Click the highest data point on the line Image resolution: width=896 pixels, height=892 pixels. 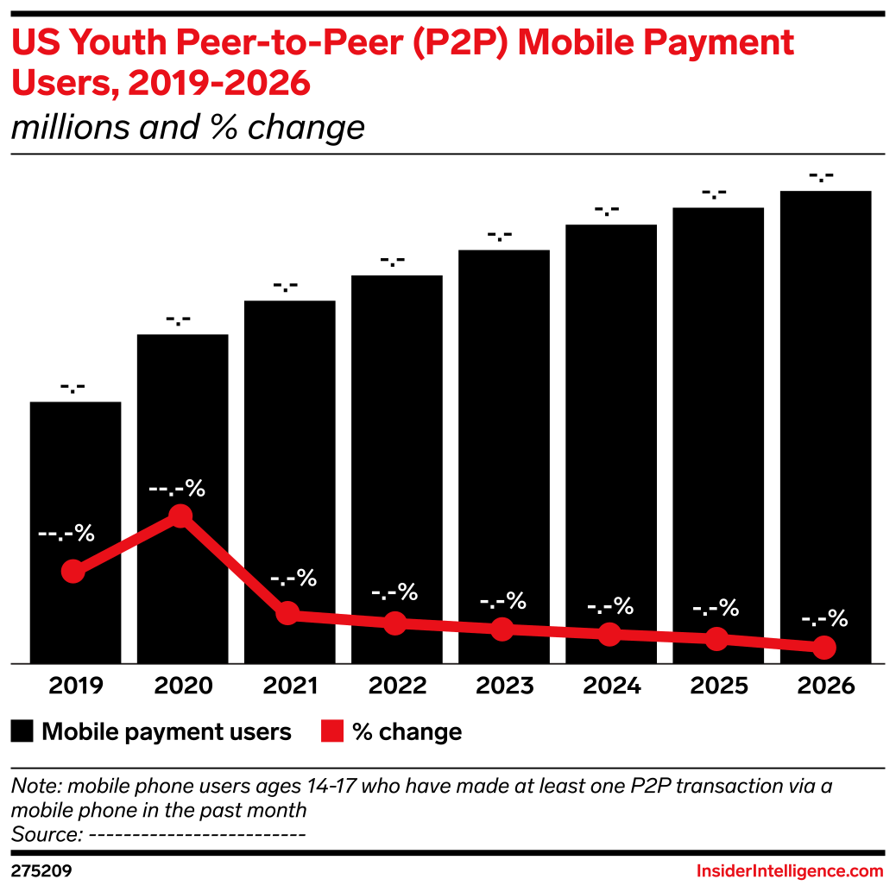coord(180,516)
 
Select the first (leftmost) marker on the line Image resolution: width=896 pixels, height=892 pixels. coord(73,571)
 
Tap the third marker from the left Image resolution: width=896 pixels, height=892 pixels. coord(287,614)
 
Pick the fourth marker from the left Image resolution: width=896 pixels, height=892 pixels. coord(394,623)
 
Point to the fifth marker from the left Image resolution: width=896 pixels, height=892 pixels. coord(502,629)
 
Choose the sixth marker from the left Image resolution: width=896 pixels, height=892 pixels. coord(609,634)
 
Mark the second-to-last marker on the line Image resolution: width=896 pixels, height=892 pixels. coord(716,639)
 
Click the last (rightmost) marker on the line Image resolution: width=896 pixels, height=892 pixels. coord(824,647)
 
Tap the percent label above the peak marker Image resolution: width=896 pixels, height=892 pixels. coord(177,489)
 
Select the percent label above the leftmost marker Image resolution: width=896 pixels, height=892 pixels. coord(66,534)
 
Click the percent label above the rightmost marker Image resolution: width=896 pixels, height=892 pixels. coord(823,619)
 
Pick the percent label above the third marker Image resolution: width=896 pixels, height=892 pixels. coord(293,578)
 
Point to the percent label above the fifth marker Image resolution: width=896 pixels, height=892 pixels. coord(502,600)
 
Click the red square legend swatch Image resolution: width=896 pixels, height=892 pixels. coord(332,731)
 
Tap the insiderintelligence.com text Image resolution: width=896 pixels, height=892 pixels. coord(790,870)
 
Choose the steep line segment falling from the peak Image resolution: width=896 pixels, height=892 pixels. coord(233,565)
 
